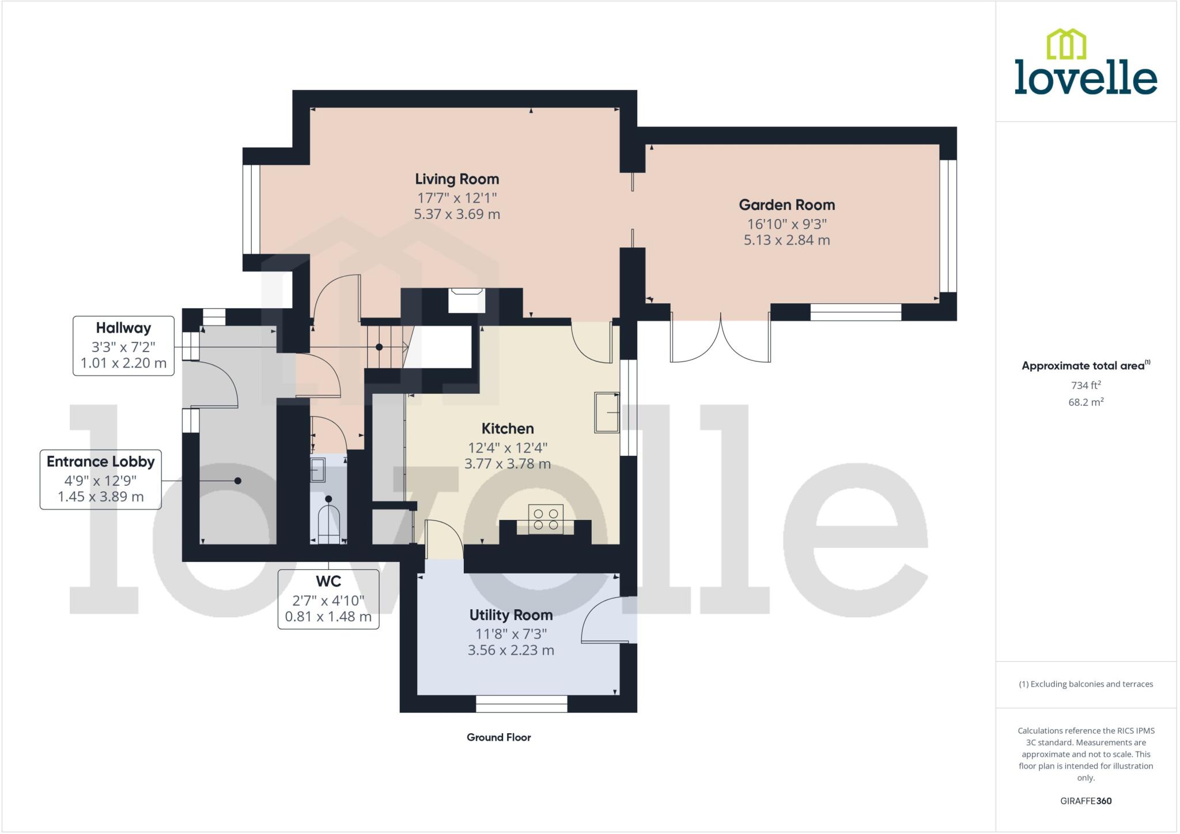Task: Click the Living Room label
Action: click(457, 179)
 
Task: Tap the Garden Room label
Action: click(786, 205)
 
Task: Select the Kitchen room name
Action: click(508, 429)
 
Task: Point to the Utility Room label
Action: click(510, 615)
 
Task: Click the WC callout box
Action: click(328, 599)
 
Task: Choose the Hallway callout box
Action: click(123, 346)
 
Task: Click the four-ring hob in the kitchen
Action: click(546, 519)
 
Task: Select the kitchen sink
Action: click(607, 412)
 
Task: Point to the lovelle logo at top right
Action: click(1086, 63)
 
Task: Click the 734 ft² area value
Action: click(1086, 385)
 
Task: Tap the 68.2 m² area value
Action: click(1086, 402)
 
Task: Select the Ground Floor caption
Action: click(498, 737)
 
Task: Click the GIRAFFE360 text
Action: click(1086, 801)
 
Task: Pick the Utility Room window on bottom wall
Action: click(521, 704)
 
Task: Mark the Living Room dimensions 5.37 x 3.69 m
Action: click(457, 214)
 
